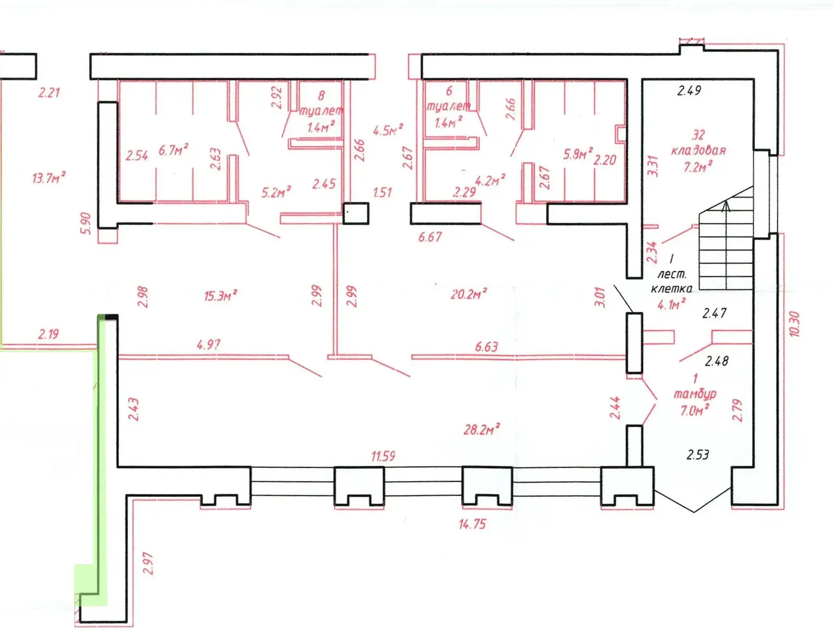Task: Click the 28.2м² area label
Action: [x=482, y=429]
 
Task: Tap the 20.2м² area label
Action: [x=469, y=294]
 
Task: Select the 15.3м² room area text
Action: [x=220, y=296]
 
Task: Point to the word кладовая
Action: [x=698, y=151]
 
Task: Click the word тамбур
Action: [x=695, y=394]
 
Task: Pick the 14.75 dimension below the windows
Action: [x=472, y=524]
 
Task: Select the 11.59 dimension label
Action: [x=383, y=456]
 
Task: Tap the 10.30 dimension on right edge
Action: [x=794, y=324]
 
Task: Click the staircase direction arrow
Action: [x=726, y=206]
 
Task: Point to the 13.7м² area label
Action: [x=48, y=178]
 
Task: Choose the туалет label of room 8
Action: [x=321, y=111]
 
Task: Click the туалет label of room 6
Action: [x=448, y=107]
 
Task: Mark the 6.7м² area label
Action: [x=173, y=150]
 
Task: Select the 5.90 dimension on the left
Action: [x=86, y=223]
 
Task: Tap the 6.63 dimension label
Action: [x=486, y=347]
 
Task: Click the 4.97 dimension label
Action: [x=208, y=344]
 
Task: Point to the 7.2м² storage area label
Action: [x=698, y=167]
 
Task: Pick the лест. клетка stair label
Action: [x=672, y=281]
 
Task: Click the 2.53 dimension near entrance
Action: [x=698, y=455]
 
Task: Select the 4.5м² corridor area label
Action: [x=388, y=130]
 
